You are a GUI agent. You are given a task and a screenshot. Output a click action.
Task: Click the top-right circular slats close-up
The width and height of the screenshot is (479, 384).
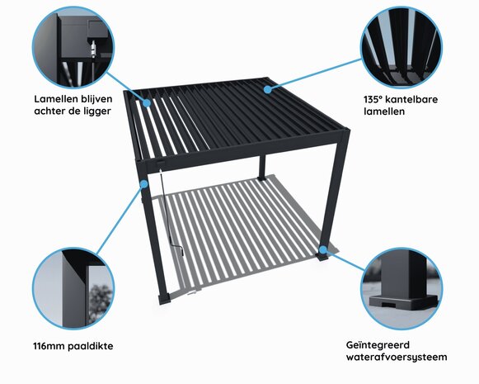point(402,46)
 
